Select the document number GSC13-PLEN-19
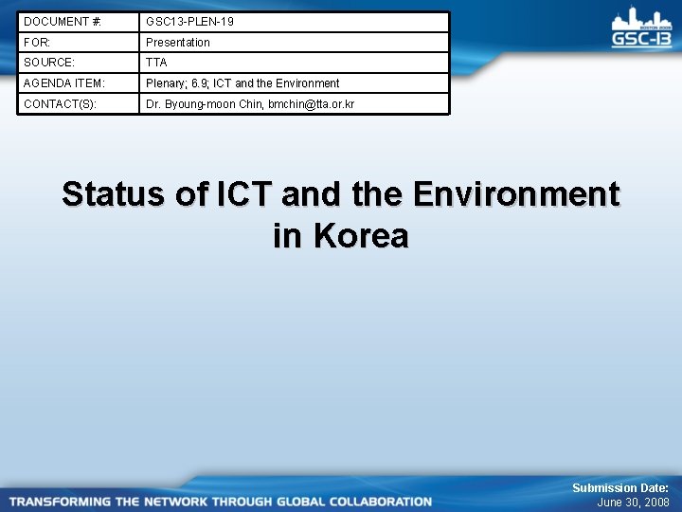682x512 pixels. coord(189,21)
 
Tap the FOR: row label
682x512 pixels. coord(37,42)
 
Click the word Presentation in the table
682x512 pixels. coord(178,42)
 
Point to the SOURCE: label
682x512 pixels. coord(48,63)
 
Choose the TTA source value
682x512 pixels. coord(156,63)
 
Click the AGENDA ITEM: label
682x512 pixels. coord(64,83)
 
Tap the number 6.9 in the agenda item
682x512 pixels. coord(200,83)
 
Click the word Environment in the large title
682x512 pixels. coord(516,194)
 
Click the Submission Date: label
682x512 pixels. coord(619,487)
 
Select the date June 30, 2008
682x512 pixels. coord(633,503)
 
